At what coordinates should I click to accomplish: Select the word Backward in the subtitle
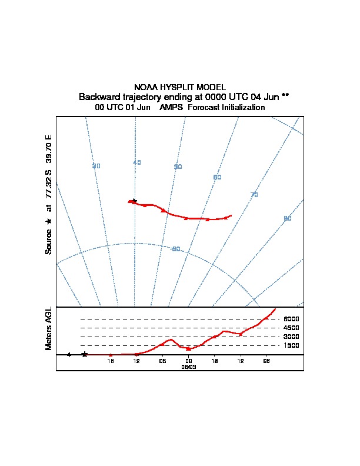(99, 96)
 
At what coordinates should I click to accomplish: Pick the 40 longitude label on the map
(137, 163)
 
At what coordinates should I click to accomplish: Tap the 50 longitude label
(178, 167)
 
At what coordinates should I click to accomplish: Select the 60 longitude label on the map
(217, 178)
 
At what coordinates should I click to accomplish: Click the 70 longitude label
(254, 195)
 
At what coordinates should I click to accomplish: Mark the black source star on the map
(134, 201)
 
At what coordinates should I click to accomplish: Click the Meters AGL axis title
(49, 329)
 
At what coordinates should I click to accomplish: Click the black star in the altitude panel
(85, 354)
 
